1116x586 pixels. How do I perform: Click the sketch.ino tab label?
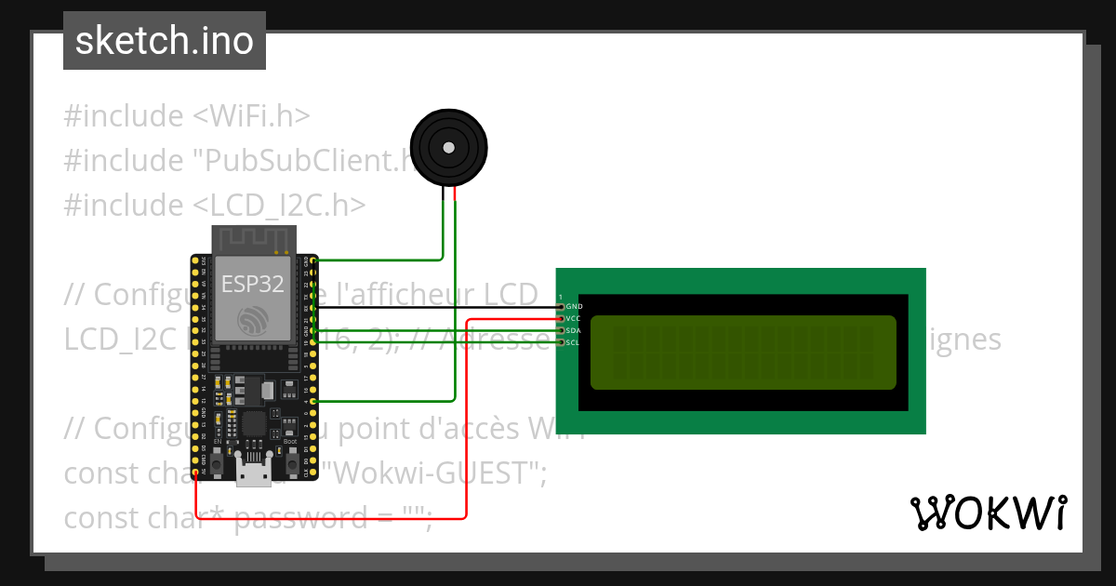click(164, 41)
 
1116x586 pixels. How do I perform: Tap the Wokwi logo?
click(987, 513)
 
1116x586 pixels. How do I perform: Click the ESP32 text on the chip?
click(253, 284)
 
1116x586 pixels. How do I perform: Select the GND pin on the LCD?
click(560, 306)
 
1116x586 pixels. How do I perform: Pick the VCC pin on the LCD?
click(560, 318)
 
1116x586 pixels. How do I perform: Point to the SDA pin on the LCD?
click(560, 330)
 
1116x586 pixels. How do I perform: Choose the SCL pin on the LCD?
click(560, 342)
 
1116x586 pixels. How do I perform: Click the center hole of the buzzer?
click(448, 147)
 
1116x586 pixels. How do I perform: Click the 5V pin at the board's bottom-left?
click(195, 473)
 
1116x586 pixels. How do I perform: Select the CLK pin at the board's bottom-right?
click(314, 473)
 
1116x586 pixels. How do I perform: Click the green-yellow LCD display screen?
click(743, 353)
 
